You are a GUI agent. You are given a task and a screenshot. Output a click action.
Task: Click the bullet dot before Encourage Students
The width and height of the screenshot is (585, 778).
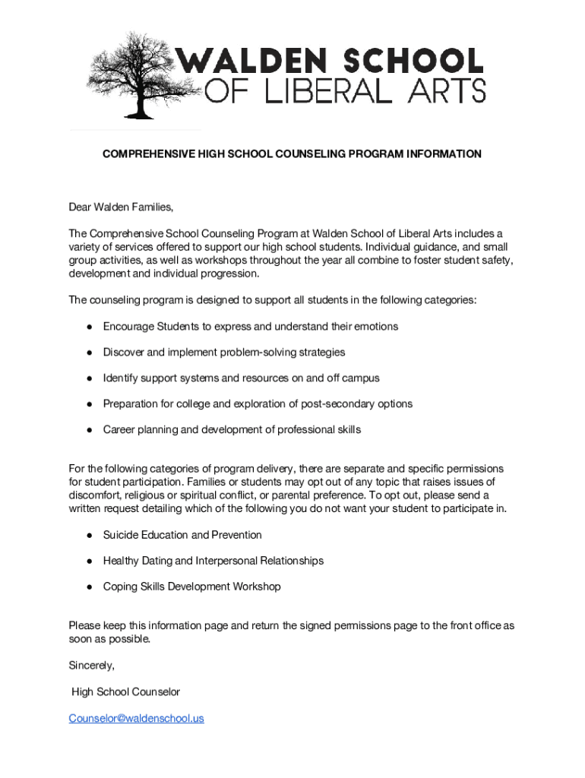89,327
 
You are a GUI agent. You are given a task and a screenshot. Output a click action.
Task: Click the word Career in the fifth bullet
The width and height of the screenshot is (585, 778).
119,429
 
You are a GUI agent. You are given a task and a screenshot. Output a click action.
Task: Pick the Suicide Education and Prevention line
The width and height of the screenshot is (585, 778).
182,535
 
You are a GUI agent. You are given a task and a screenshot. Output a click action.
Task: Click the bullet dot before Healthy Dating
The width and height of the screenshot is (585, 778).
89,561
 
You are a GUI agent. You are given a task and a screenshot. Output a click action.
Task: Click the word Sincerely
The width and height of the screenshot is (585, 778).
92,665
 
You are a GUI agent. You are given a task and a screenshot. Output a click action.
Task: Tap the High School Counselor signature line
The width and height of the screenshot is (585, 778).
125,691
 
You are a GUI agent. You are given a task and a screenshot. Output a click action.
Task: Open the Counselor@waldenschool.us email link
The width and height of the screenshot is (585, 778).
136,718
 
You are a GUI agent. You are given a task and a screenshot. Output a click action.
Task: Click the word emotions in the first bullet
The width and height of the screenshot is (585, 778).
375,326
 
